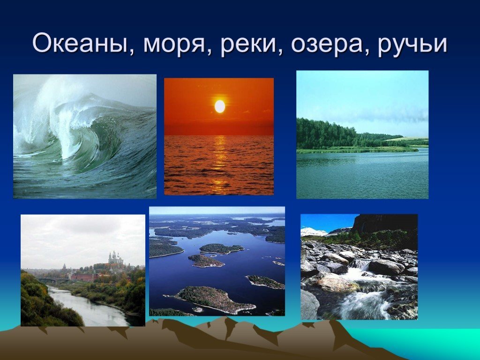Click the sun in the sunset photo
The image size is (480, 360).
coord(220,106)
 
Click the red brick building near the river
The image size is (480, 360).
coord(82,277)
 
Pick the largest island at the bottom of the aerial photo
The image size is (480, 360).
coord(214,300)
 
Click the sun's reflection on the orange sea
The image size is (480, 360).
coord(220,161)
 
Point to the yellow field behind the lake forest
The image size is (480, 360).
coord(407,139)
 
